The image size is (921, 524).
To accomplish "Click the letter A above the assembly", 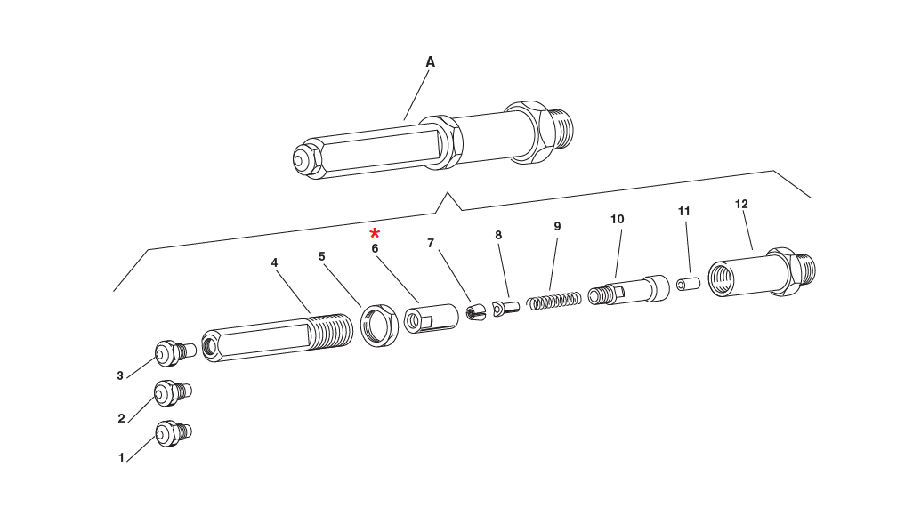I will point(430,62).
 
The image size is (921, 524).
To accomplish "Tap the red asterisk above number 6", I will point(376,234).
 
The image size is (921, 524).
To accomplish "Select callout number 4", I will point(275,262).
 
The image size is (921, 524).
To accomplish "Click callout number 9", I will point(557,226).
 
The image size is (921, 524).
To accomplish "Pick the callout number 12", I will point(741,204).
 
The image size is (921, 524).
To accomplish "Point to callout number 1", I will point(121,457).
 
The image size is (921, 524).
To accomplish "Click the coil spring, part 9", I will point(554,301).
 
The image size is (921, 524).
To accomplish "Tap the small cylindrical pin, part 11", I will point(687,285).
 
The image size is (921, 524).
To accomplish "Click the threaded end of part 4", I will point(334,331).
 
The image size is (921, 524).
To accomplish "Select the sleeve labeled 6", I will point(431,318).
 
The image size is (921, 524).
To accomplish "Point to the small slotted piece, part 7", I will point(477,312).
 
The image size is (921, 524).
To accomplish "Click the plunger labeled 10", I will point(629,290).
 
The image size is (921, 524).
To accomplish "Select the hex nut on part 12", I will point(781,270).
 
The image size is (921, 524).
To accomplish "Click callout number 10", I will point(618,219).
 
